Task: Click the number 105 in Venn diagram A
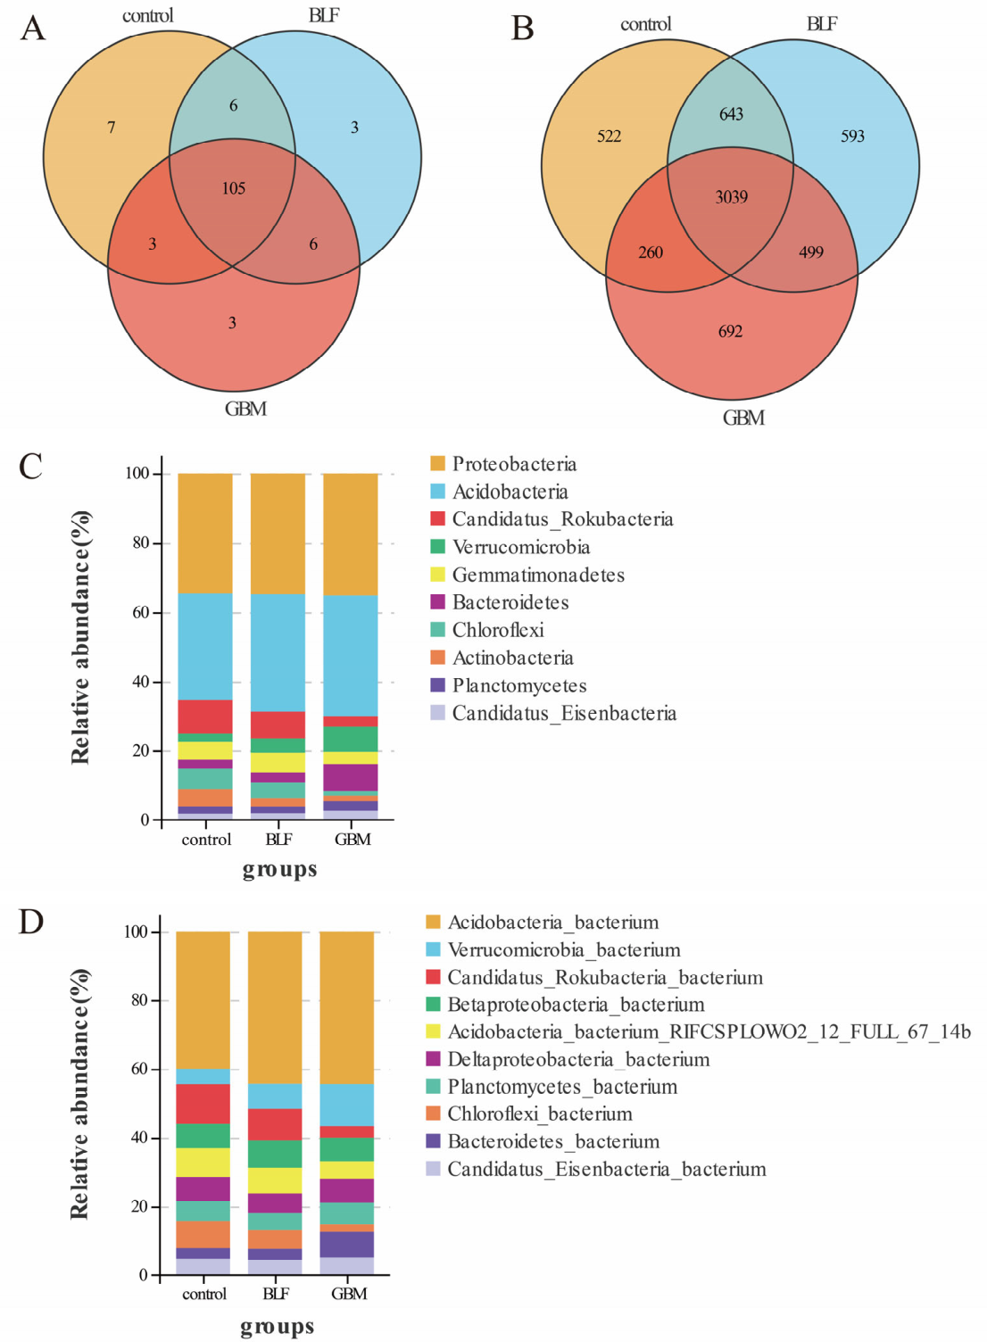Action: [x=234, y=189]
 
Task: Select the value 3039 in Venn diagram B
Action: [x=731, y=197]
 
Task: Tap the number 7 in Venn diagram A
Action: [x=112, y=128]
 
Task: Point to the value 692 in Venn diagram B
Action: [x=731, y=331]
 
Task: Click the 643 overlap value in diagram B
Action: [x=731, y=114]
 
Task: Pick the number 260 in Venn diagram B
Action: [x=651, y=253]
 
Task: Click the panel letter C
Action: [x=30, y=467]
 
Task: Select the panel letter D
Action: [x=30, y=922]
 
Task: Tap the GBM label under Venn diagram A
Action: [x=245, y=410]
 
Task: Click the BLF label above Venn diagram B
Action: [x=822, y=24]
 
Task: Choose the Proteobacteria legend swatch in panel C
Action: [x=437, y=463]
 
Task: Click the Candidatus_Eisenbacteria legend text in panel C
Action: [x=565, y=714]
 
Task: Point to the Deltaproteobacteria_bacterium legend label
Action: [x=579, y=1059]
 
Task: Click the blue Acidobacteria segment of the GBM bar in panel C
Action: [x=351, y=656]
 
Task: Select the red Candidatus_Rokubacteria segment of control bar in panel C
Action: [x=205, y=717]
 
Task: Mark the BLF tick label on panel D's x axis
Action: [x=276, y=1294]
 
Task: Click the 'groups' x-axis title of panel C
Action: [x=280, y=869]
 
